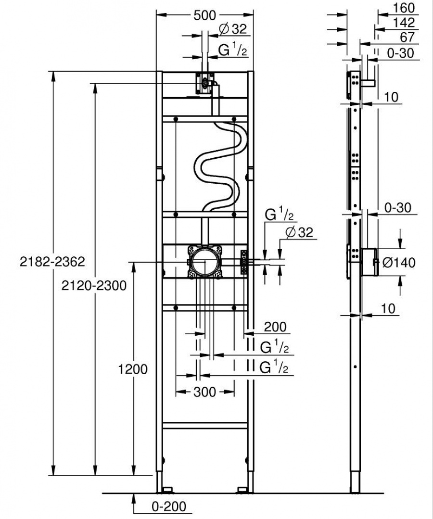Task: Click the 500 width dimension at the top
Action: pos(204,15)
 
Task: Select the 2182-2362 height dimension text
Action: pos(52,262)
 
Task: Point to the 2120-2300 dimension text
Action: pos(94,285)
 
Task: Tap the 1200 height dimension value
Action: pos(133,369)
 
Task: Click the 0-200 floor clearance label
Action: pos(169,506)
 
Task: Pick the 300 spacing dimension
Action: pos(204,392)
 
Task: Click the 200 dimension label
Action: pos(275,327)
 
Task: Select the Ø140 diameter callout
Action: pos(398,263)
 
